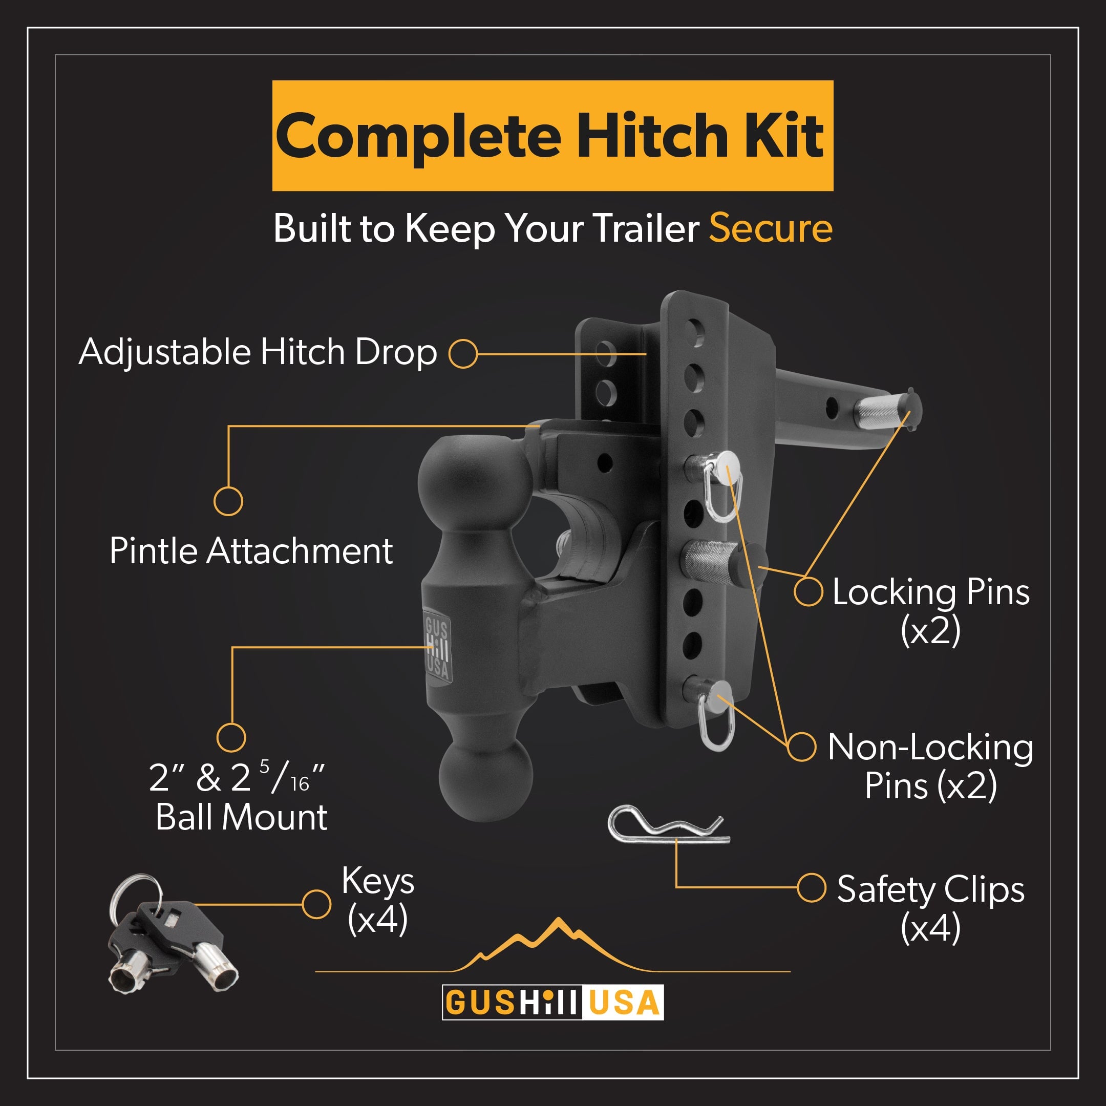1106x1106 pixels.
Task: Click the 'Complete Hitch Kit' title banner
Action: pyautogui.click(x=552, y=136)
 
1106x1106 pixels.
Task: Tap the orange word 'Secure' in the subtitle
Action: pyautogui.click(x=771, y=228)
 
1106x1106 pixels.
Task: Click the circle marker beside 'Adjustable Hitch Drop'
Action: pyautogui.click(x=462, y=353)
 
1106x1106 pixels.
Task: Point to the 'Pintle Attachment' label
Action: pyautogui.click(x=251, y=551)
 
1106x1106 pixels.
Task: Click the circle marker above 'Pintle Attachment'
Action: pyautogui.click(x=228, y=501)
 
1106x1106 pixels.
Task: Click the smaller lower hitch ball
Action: pyautogui.click(x=485, y=778)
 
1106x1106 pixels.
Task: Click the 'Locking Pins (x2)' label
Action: pyautogui.click(x=930, y=610)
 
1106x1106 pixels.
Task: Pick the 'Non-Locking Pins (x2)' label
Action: pyautogui.click(x=930, y=766)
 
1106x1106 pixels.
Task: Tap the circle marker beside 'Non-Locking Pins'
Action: pyautogui.click(x=801, y=747)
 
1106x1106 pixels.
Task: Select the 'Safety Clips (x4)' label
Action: pyautogui.click(x=930, y=908)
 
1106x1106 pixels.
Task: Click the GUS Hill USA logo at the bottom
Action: pyautogui.click(x=552, y=1003)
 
